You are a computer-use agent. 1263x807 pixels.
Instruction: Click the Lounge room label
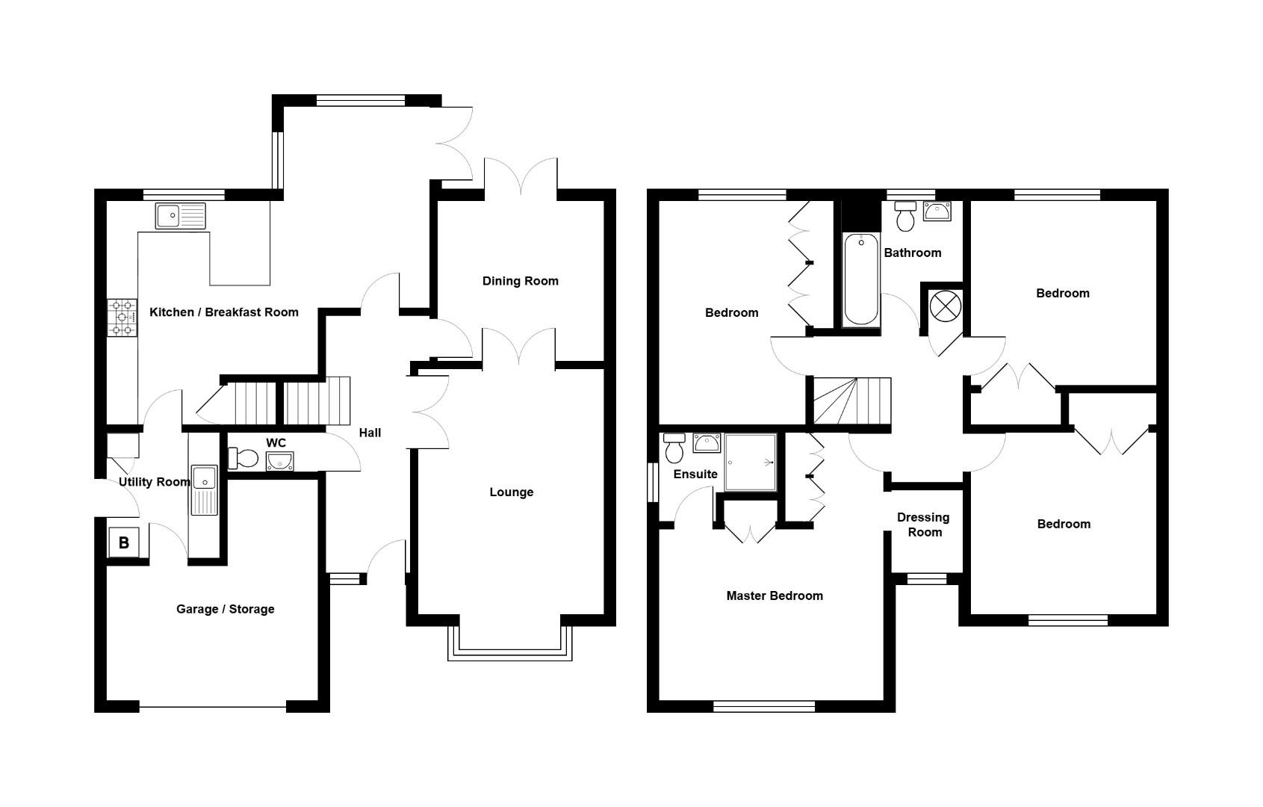coord(512,492)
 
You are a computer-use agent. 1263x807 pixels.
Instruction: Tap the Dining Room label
coord(520,281)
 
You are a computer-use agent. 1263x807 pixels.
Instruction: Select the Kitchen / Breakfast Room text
coord(224,312)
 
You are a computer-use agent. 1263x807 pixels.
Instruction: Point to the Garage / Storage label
coord(225,609)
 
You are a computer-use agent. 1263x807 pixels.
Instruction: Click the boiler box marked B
coord(124,543)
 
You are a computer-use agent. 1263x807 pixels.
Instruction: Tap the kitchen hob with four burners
coord(122,318)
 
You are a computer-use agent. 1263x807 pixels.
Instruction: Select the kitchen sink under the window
coord(180,215)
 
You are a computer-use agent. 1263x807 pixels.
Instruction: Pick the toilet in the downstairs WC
coord(243,457)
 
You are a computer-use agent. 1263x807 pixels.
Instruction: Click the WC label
coord(276,444)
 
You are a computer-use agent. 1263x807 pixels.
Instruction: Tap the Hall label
coord(370,433)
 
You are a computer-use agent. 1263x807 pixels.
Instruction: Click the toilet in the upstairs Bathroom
coord(905,217)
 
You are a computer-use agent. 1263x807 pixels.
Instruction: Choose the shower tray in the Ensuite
coord(750,463)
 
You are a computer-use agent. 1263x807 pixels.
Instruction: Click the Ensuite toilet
coord(674,448)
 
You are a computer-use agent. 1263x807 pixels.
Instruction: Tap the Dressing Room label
coord(924,525)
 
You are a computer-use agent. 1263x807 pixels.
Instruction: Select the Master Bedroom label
coord(775,596)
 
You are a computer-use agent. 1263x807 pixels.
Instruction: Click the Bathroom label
coord(913,253)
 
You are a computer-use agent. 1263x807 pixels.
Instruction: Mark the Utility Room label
coord(155,482)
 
